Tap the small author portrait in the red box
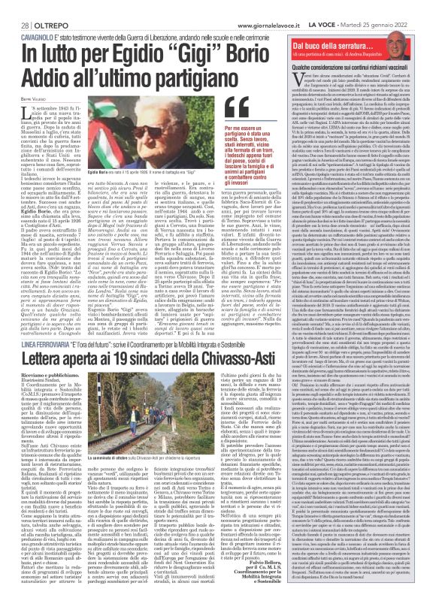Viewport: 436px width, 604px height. point(419,29)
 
